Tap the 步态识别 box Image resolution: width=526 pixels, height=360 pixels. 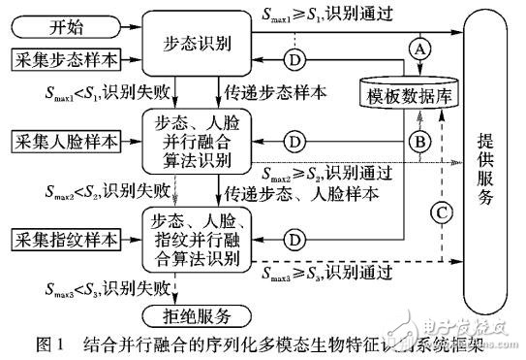(x=191, y=45)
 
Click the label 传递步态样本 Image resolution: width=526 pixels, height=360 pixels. (x=276, y=95)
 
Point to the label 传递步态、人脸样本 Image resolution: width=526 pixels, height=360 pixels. (x=297, y=192)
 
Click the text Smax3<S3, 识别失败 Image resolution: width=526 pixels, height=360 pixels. (x=99, y=288)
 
